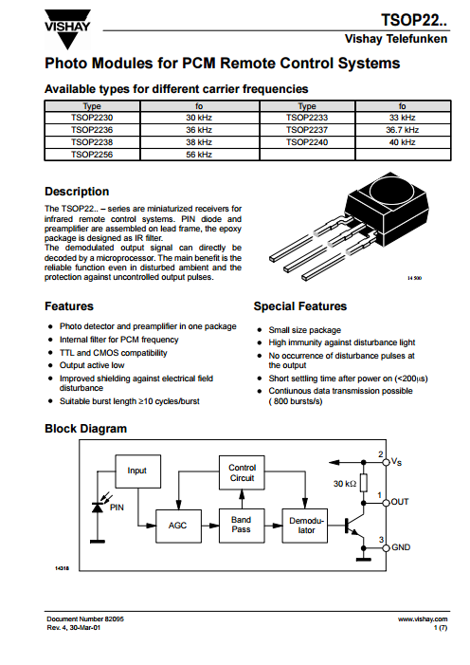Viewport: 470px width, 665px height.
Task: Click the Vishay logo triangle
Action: point(67,29)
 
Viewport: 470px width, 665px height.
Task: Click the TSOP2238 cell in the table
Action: point(92,142)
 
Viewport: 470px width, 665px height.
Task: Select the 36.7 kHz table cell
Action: point(402,130)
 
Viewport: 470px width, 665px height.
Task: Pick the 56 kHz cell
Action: point(199,155)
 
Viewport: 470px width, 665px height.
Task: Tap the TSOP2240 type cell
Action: point(307,142)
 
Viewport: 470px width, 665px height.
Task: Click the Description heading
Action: point(77,192)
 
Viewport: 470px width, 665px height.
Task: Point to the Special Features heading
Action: point(300,306)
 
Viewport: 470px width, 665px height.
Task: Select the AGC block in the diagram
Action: point(178,526)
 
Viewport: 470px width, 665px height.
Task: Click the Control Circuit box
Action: point(242,472)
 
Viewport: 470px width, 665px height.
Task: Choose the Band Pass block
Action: point(242,526)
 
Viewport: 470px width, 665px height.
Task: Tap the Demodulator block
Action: point(305,526)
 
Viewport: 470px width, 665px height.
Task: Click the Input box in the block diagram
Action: point(137,471)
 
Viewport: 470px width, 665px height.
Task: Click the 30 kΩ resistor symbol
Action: point(363,483)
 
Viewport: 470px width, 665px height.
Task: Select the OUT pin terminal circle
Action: point(386,503)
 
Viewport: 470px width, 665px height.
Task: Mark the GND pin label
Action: point(401,547)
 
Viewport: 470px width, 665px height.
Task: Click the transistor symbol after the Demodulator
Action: point(355,526)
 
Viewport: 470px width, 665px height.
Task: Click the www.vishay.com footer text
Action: point(423,619)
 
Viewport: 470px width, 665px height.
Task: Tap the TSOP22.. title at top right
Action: point(414,20)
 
